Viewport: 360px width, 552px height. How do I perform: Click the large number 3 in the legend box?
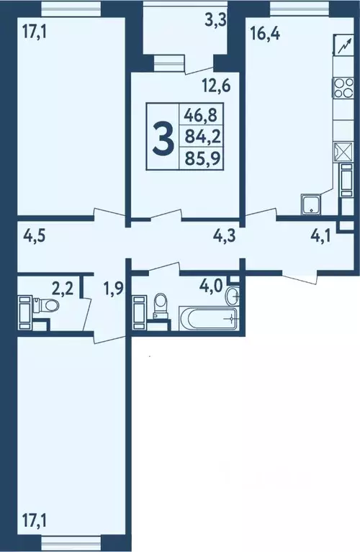[x=163, y=137]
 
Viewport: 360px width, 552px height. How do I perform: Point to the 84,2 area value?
[x=203, y=136]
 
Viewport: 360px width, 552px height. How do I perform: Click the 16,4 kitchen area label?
[x=265, y=34]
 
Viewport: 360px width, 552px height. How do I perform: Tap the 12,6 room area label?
[x=216, y=86]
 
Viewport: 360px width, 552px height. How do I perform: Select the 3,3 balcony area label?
[x=215, y=21]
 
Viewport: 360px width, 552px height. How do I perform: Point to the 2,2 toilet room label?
[x=63, y=289]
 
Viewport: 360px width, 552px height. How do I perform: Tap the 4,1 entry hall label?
[x=320, y=236]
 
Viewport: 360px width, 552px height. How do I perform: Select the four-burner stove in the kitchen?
[x=343, y=88]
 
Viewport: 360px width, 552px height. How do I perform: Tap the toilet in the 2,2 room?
[x=46, y=304]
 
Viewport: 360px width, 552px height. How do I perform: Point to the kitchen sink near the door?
[x=311, y=204]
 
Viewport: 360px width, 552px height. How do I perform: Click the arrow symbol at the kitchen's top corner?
[x=344, y=45]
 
